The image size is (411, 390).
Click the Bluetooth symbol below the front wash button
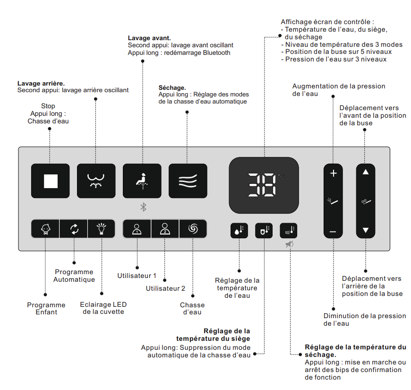(144, 207)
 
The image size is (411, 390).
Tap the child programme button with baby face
(45, 230)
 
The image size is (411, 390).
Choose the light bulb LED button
(101, 230)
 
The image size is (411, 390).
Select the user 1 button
(137, 230)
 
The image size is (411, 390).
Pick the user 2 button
(165, 230)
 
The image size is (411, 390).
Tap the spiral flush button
(193, 230)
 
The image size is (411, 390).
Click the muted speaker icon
(289, 244)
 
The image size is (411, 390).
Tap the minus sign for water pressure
(334, 232)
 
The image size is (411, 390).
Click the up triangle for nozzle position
(365, 172)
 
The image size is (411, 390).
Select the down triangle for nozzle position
(365, 231)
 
